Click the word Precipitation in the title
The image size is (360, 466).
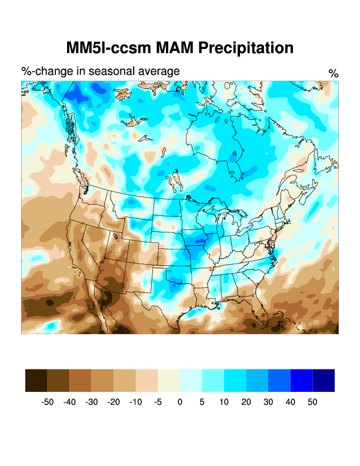(245, 48)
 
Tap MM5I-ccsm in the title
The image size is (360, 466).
(105, 48)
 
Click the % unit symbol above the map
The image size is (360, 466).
(334, 74)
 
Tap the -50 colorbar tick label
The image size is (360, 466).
(47, 402)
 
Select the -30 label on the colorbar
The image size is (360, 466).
(91, 402)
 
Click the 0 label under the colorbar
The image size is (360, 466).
(180, 402)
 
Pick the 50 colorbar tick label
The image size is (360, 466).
(312, 402)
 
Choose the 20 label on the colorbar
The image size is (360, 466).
(246, 402)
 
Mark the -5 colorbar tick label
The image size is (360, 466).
(158, 402)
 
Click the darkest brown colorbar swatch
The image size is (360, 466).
(36, 380)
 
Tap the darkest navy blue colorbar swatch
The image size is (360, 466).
(324, 380)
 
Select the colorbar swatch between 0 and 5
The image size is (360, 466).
(191, 380)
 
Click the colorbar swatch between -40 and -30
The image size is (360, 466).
(80, 380)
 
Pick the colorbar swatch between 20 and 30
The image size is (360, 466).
(257, 380)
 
